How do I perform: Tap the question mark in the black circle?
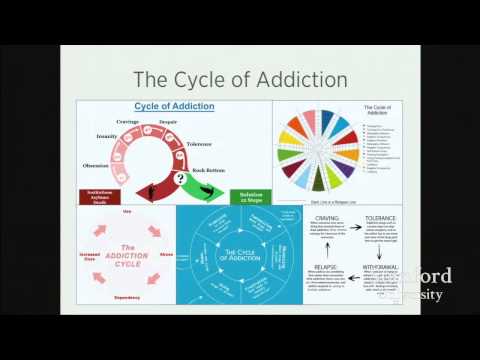(181, 179)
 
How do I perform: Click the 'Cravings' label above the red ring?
(128, 121)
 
